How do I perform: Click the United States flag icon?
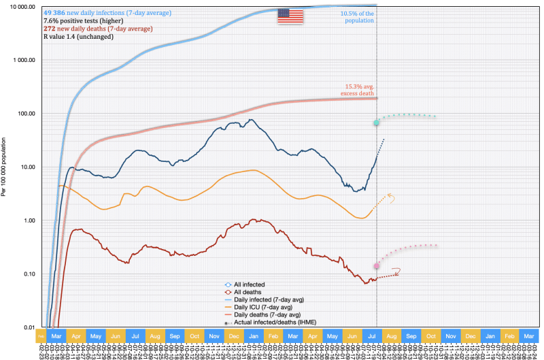290,16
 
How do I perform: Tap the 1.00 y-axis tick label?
27,220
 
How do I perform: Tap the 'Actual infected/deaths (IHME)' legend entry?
271,321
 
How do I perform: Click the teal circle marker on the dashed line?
376,122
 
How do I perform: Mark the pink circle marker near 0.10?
376,266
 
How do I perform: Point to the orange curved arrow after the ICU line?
392,198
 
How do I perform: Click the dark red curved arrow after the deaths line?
396,272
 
